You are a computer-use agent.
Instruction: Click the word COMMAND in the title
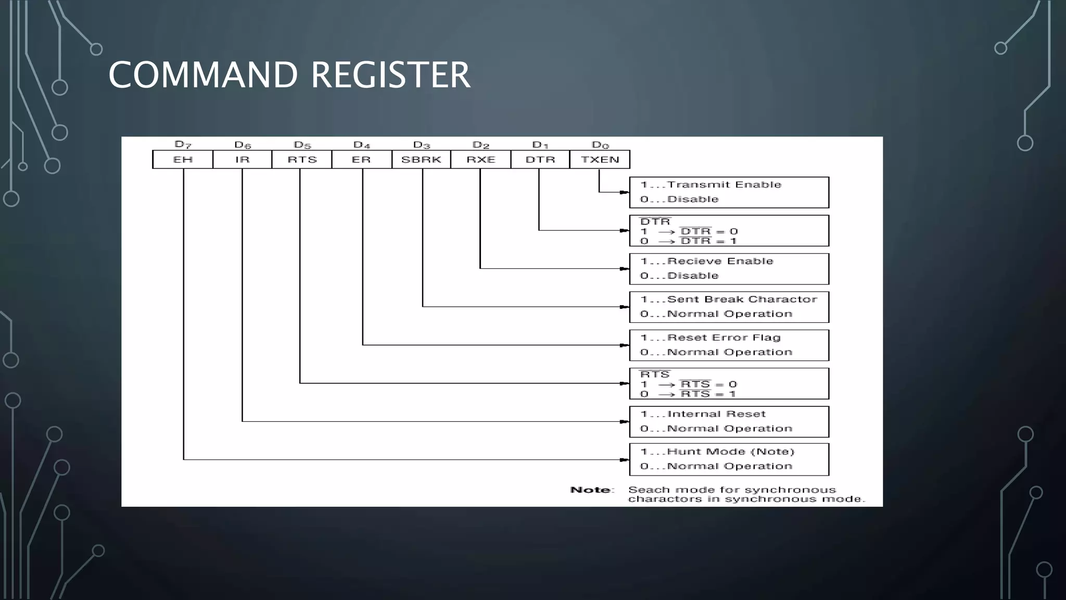[x=203, y=75]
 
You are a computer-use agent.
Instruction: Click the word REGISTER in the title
[x=390, y=75]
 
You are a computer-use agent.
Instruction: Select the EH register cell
[x=183, y=159]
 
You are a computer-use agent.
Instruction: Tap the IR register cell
[x=242, y=159]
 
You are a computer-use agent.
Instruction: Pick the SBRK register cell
[x=421, y=159]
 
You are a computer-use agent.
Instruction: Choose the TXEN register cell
[x=600, y=159]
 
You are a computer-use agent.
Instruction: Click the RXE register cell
[x=480, y=159]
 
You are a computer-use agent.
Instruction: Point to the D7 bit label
[x=183, y=144]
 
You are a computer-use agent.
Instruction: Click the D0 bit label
[x=600, y=144]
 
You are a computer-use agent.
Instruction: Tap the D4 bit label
[x=361, y=144]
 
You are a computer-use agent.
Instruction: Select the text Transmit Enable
[x=724, y=184]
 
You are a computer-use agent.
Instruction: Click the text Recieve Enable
[x=720, y=261]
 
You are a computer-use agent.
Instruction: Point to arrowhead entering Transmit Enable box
[x=625, y=192]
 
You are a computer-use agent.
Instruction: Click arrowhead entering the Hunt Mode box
[x=625, y=459]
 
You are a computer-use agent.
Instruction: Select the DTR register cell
[x=540, y=159]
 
